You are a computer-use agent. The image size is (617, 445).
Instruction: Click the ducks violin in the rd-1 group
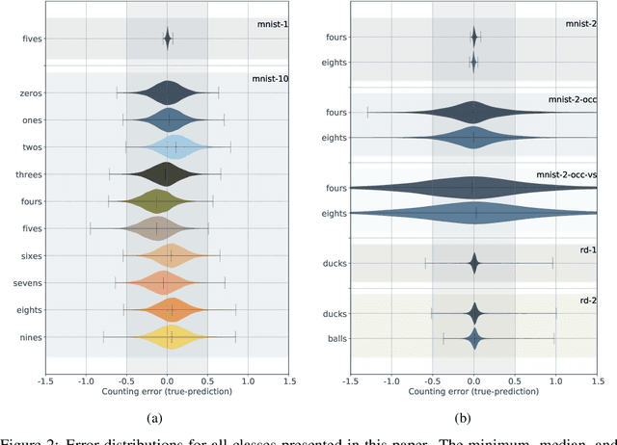click(x=473, y=263)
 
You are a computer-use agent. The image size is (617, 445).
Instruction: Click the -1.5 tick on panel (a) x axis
click(x=44, y=380)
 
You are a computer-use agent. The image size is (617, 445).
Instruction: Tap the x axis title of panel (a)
click(x=167, y=391)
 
